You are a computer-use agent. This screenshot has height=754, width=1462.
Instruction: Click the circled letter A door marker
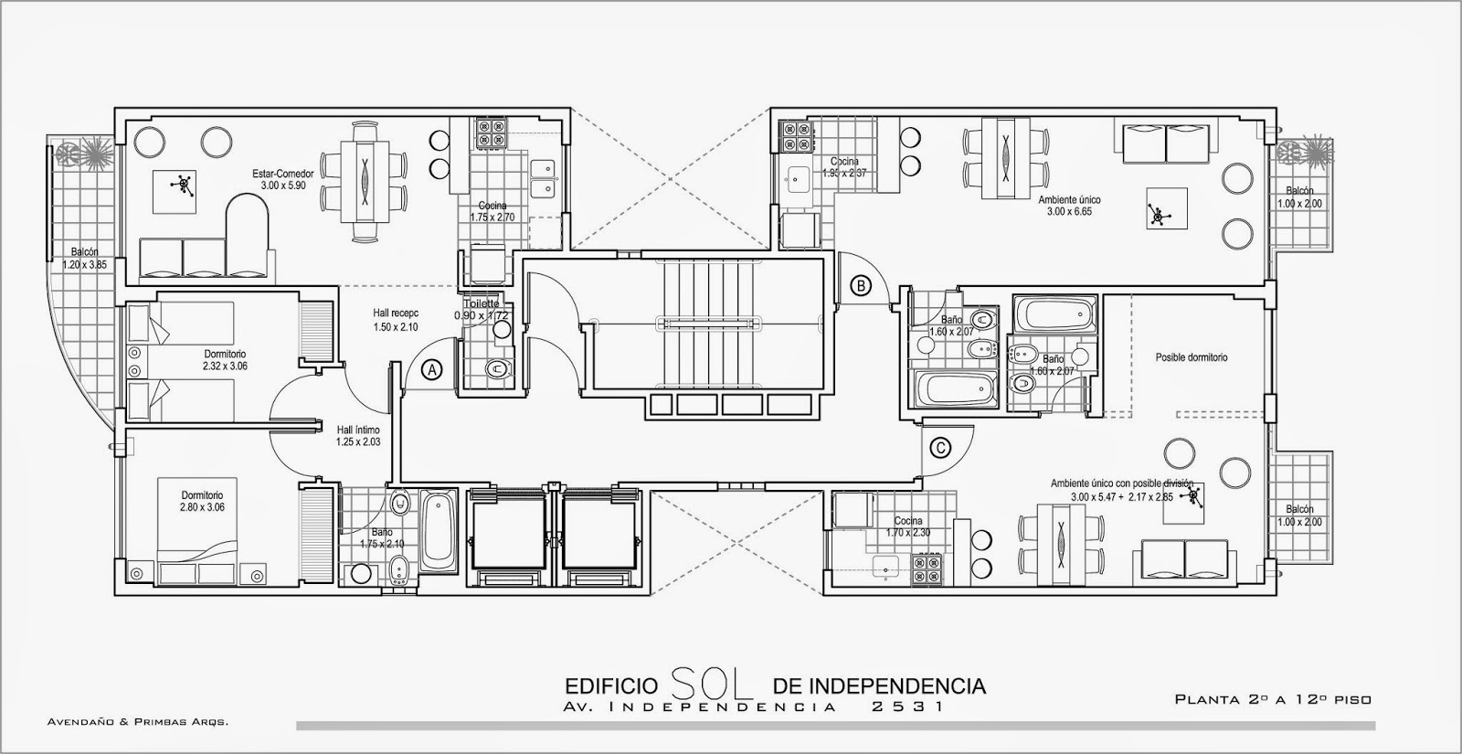433,369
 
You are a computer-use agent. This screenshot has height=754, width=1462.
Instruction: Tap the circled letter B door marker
861,285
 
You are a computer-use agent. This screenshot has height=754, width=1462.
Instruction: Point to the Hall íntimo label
357,430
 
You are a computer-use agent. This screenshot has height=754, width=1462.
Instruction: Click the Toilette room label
482,303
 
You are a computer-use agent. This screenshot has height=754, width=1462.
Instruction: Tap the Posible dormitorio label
1191,357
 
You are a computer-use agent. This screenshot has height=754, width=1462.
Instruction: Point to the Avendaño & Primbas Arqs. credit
137,722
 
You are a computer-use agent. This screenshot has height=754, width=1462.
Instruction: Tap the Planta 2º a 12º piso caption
1272,699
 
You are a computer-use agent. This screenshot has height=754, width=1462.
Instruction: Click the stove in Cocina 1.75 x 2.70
491,134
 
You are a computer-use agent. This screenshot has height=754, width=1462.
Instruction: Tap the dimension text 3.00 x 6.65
1069,212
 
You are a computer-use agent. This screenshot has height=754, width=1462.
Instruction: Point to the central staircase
709,322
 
